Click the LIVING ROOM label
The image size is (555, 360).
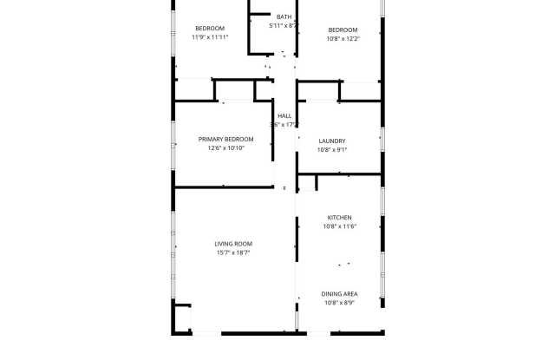(233, 244)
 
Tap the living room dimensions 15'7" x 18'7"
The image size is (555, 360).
(233, 253)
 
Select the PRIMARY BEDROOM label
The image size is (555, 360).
(225, 140)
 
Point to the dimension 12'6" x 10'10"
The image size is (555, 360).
(225, 148)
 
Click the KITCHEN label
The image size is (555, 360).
(339, 217)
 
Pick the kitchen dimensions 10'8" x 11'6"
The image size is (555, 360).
(339, 226)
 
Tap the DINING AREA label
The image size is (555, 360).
(339, 293)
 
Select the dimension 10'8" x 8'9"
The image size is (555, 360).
(339, 303)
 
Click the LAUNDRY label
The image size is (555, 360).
(332, 141)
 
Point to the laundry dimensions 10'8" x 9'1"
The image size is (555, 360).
(332, 149)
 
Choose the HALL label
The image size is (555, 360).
(284, 115)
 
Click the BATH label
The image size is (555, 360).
(284, 16)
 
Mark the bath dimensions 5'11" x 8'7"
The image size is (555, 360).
(284, 26)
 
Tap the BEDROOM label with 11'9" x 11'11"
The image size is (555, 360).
(209, 29)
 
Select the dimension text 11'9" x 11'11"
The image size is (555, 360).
(209, 37)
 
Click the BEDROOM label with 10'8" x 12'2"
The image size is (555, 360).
(343, 29)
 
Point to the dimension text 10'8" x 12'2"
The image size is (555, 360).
(343, 37)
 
